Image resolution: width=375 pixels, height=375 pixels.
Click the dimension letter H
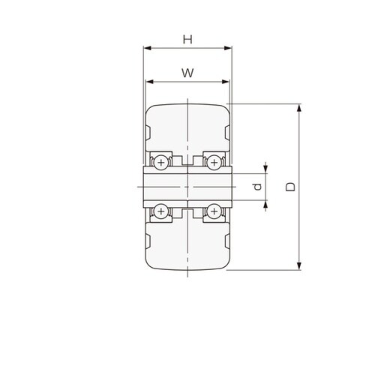pos(187,39)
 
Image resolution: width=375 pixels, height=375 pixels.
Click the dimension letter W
pos(187,73)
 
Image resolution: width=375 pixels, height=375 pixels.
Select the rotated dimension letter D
pos(290,187)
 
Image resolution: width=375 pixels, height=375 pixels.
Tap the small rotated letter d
pos(257,187)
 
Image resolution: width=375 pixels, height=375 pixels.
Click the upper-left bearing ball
pos(161,163)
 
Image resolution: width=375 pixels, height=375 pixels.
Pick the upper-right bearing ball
pos(214,163)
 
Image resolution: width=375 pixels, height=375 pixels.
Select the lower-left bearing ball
pos(161,211)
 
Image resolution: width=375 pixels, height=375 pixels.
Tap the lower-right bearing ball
pos(214,211)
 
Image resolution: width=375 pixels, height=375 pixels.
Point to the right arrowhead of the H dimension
pos(228,48)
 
